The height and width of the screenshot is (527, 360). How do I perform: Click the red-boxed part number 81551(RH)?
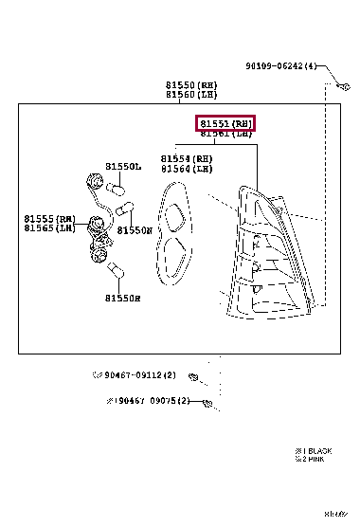coord(225,123)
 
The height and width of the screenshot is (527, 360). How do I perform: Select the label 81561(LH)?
coord(225,135)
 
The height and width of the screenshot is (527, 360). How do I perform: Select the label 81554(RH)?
coord(186,158)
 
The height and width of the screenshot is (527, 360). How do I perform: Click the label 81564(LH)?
coord(186,169)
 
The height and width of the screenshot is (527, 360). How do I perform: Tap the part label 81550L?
coord(123,166)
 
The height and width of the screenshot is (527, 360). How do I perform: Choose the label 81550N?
coord(135,229)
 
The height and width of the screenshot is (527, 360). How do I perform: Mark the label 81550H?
coord(123,298)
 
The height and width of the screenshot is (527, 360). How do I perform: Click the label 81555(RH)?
coord(50,218)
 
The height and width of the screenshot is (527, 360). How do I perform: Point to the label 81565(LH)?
coord(50,228)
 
